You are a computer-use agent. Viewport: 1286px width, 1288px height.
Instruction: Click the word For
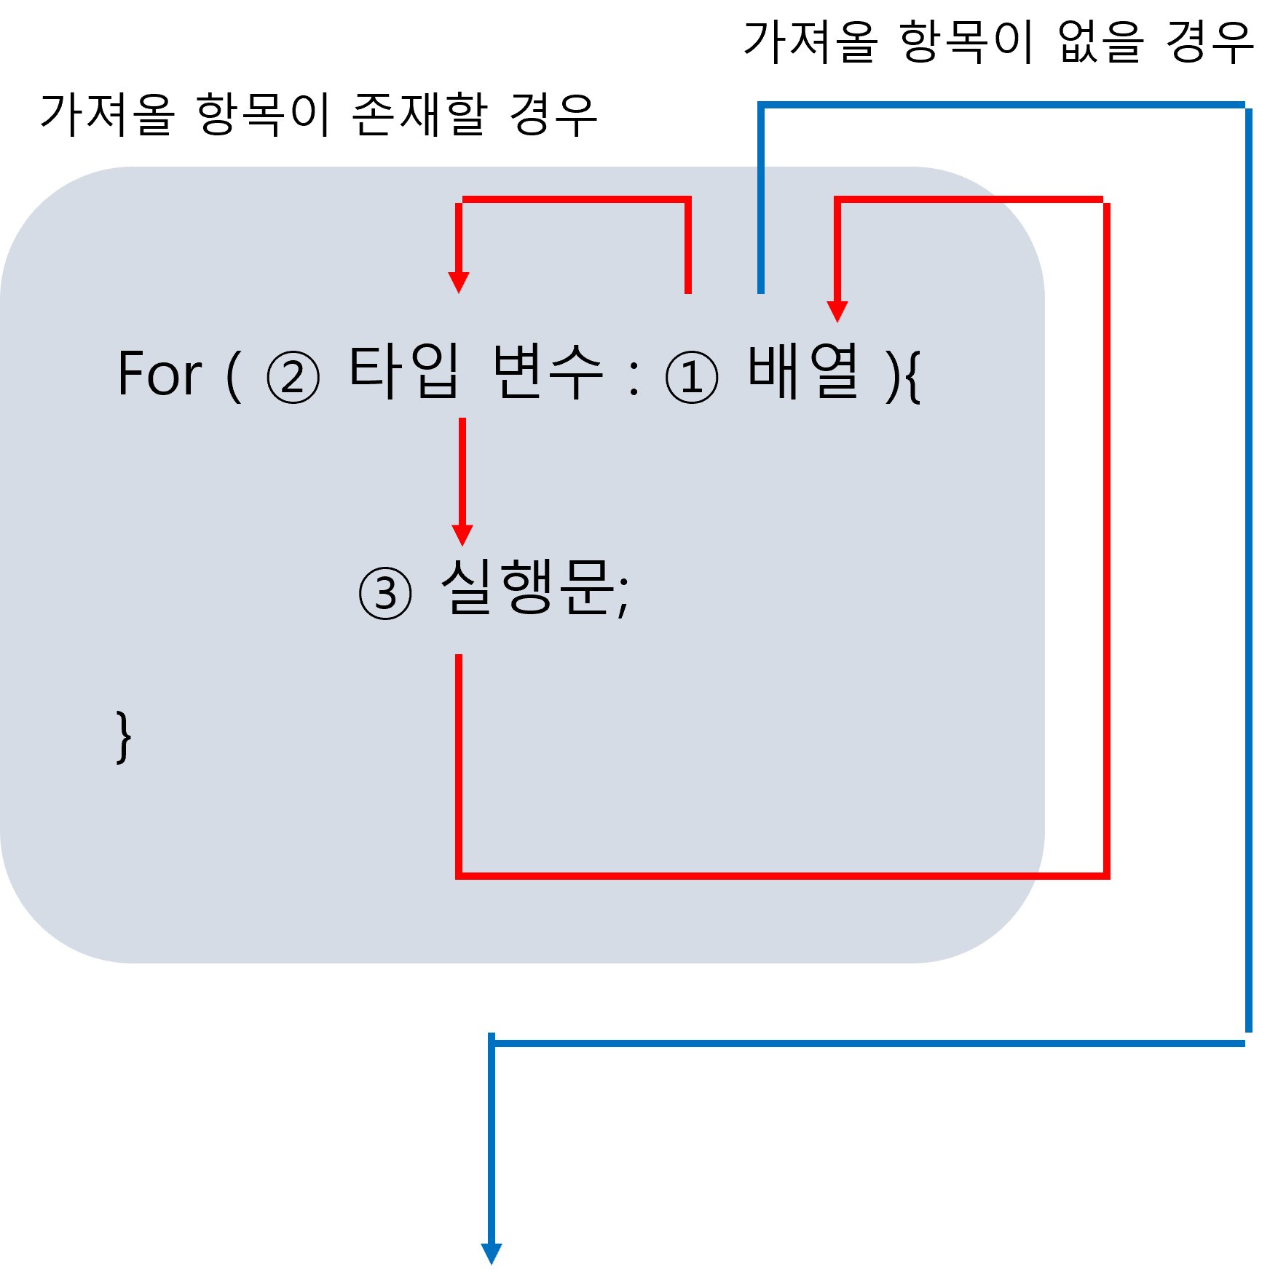[159, 373]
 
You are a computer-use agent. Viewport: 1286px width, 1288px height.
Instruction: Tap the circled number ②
[293, 377]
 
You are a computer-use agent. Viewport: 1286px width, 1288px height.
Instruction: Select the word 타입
[404, 372]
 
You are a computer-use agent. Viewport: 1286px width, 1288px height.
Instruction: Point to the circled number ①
[691, 377]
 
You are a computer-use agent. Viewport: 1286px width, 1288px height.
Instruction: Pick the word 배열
[803, 372]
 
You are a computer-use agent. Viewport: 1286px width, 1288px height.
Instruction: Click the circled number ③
[385, 593]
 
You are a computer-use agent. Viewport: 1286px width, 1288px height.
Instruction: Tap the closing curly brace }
[124, 737]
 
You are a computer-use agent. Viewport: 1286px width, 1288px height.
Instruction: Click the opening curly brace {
[913, 376]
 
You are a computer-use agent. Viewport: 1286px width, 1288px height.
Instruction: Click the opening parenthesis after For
[234, 376]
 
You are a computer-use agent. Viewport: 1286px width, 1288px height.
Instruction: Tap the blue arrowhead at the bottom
[492, 1254]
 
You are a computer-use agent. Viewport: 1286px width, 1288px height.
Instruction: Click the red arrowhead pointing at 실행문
[462, 535]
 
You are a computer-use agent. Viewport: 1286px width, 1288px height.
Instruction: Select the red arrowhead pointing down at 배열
[837, 311]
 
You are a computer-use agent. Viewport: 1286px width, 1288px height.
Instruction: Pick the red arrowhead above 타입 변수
[459, 282]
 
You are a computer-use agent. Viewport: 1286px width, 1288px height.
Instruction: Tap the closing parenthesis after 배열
[891, 376]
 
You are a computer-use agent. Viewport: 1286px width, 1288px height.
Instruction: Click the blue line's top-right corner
[1248, 106]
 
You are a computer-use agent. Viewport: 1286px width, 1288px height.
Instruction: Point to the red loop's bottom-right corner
[1106, 875]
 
